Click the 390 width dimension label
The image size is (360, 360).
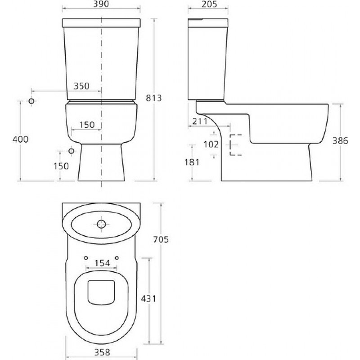101,4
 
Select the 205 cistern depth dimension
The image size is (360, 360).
209,4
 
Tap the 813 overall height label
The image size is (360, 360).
154,98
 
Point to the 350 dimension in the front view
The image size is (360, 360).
81,86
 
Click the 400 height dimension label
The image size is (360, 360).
21,139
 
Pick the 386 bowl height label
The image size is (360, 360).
340,141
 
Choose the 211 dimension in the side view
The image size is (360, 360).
200,121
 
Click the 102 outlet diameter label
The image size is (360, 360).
211,144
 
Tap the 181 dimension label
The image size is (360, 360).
192,162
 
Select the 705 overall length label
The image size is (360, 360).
161,239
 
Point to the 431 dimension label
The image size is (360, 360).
148,299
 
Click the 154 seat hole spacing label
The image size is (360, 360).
102,263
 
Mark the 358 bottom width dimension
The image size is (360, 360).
102,352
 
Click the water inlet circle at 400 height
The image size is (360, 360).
31,101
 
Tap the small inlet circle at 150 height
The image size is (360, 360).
72,151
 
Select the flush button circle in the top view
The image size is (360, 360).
101,224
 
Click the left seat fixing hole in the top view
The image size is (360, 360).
86,258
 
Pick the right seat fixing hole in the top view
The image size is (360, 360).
117,258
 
